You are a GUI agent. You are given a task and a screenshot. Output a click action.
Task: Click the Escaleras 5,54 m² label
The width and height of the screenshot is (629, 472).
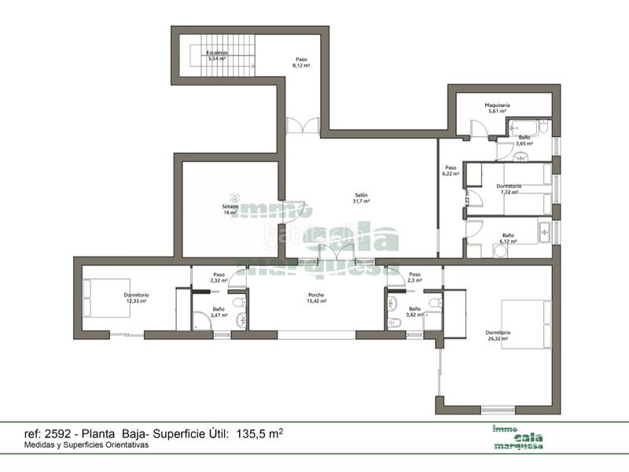tap(216, 56)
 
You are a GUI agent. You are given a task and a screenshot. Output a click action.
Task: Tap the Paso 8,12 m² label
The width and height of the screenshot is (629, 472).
tap(301, 63)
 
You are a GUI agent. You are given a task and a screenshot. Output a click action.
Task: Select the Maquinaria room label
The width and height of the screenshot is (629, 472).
tap(498, 108)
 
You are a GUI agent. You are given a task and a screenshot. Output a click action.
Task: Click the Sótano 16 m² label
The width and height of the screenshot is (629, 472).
tap(229, 209)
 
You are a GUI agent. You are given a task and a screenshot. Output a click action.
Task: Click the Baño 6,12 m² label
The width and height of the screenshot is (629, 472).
tap(509, 238)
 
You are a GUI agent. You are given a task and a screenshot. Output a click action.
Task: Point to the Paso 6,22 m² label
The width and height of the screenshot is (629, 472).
tap(451, 171)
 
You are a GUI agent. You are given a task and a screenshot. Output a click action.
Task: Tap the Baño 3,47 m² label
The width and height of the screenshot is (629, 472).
tap(218, 312)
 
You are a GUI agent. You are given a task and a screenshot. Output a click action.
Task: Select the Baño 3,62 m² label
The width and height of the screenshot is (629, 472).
tap(414, 312)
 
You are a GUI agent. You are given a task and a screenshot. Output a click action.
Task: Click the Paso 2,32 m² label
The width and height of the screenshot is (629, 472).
tap(218, 277)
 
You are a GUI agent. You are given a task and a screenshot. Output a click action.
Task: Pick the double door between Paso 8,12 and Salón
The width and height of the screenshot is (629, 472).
tap(302, 126)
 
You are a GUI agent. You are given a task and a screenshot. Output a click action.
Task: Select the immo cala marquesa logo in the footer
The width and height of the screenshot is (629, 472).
tap(519, 437)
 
